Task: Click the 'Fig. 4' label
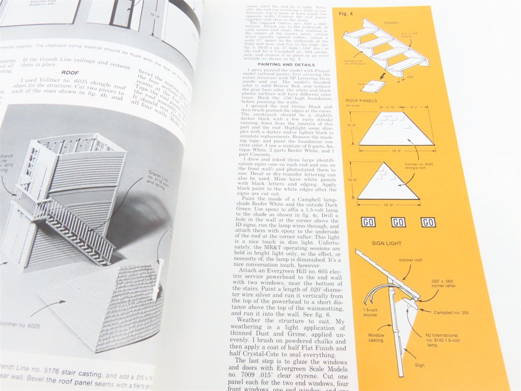pos(345,14)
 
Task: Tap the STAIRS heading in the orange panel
pos(391,23)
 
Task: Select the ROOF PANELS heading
pos(361,101)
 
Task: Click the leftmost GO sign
pos(368,223)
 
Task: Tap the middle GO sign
pos(398,223)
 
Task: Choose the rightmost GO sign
pos(428,222)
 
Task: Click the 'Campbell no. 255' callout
pos(451,312)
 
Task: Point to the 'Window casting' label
pos(376,338)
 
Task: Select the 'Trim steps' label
pos(366,84)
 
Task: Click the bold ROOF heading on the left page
pos(70,73)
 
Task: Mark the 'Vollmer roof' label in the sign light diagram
pos(410,260)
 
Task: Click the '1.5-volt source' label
pos(370,312)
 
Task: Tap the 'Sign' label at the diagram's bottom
pos(419,365)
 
